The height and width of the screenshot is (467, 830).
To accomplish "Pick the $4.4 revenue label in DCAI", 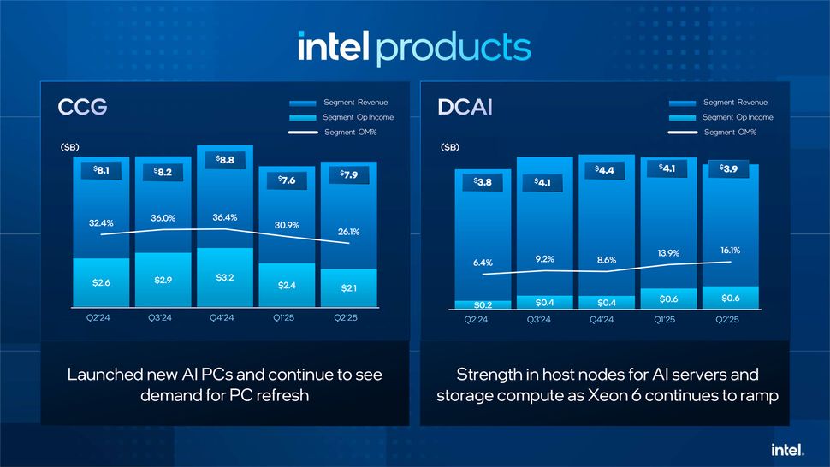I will [606, 170].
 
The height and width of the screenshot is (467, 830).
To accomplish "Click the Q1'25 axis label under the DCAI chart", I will [665, 320].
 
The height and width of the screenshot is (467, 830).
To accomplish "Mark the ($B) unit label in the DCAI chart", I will [449, 148].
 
